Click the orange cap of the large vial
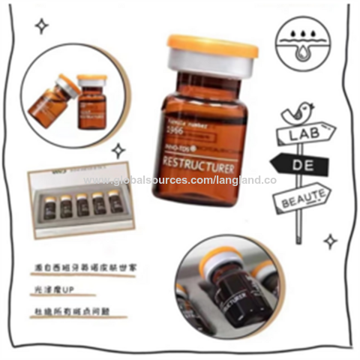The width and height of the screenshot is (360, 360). (212, 47)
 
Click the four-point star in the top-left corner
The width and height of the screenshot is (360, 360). (42, 26)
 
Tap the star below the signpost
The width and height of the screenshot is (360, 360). (331, 241)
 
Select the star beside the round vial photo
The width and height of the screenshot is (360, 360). (118, 150)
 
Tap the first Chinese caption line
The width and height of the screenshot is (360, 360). (89, 266)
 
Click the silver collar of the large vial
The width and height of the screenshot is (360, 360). (212, 65)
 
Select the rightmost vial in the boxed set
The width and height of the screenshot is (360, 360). (113, 202)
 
